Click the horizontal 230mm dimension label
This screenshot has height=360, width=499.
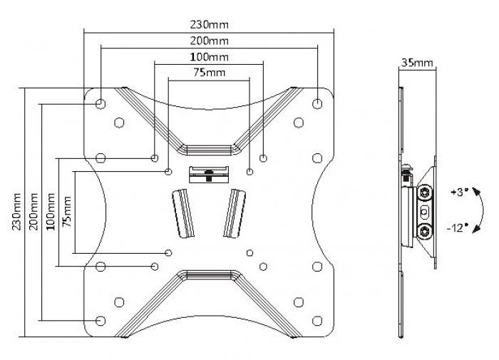pos(210,24)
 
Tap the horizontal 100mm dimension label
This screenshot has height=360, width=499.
pos(210,56)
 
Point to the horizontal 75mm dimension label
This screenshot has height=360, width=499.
pos(210,72)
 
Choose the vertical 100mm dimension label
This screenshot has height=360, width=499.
pos(51,213)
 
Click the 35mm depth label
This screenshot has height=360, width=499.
pos(416,62)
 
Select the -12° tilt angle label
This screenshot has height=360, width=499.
pos(457,227)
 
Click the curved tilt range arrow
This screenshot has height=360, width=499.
pos(484,210)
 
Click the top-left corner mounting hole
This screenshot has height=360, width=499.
pos(101,103)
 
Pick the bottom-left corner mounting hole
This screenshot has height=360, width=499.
pos(101,320)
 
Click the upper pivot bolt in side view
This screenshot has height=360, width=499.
pos(426,192)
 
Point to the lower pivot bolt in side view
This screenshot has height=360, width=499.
pos(426,231)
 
